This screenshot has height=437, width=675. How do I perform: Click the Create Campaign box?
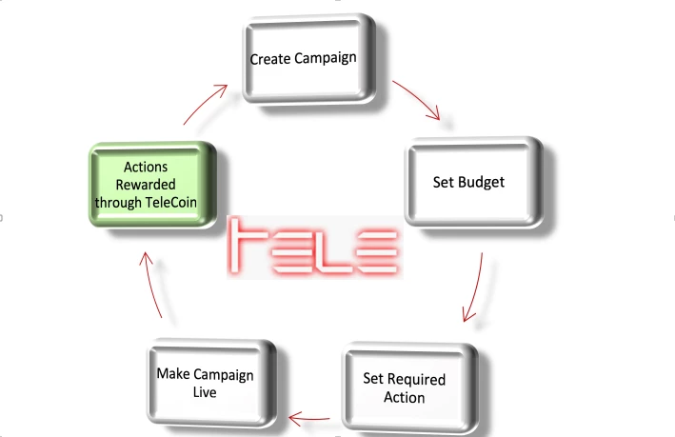click(x=309, y=59)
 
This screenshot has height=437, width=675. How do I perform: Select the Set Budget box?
click(x=474, y=182)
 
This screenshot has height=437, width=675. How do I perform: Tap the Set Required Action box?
click(x=410, y=387)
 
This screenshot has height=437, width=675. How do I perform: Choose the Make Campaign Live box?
click(x=211, y=383)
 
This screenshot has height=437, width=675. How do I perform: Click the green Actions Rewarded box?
click(x=152, y=185)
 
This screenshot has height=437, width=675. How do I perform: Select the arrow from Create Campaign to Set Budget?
click(x=417, y=99)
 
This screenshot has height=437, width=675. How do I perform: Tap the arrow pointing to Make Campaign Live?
click(x=309, y=418)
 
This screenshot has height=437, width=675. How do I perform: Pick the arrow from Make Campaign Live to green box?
click(x=150, y=284)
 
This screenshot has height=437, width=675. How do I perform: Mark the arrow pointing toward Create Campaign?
click(x=205, y=104)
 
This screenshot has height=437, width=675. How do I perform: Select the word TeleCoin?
click(x=171, y=202)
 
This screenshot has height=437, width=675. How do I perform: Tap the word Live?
click(x=205, y=392)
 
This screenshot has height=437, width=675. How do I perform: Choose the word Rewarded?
click(x=146, y=185)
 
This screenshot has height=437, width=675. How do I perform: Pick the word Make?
click(x=173, y=373)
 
